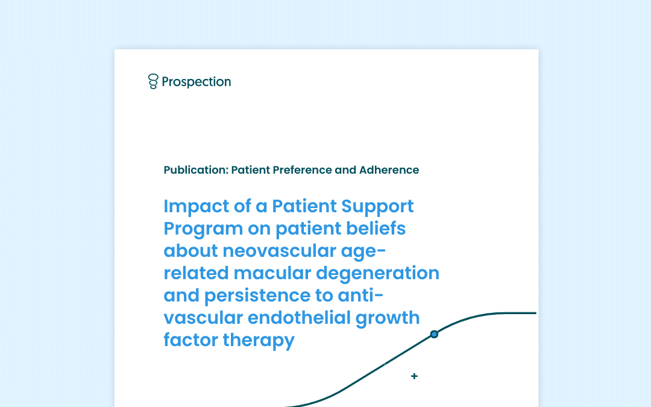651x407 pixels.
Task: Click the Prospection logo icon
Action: pyautogui.click(x=153, y=81)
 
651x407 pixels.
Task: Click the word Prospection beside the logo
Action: pyautogui.click(x=197, y=82)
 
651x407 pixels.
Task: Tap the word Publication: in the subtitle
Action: pyautogui.click(x=196, y=170)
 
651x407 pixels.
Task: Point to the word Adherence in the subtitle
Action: pyautogui.click(x=389, y=170)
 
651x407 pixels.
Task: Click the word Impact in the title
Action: pyautogui.click(x=197, y=207)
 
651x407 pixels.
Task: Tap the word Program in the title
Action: pyautogui.click(x=203, y=229)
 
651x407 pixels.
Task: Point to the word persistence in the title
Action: pyautogui.click(x=257, y=296)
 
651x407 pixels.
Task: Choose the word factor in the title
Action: pyautogui.click(x=190, y=340)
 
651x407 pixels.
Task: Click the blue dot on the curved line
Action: pyautogui.click(x=434, y=334)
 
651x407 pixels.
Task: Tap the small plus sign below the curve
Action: pyautogui.click(x=414, y=376)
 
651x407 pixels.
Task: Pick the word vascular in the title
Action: pyautogui.click(x=203, y=318)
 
